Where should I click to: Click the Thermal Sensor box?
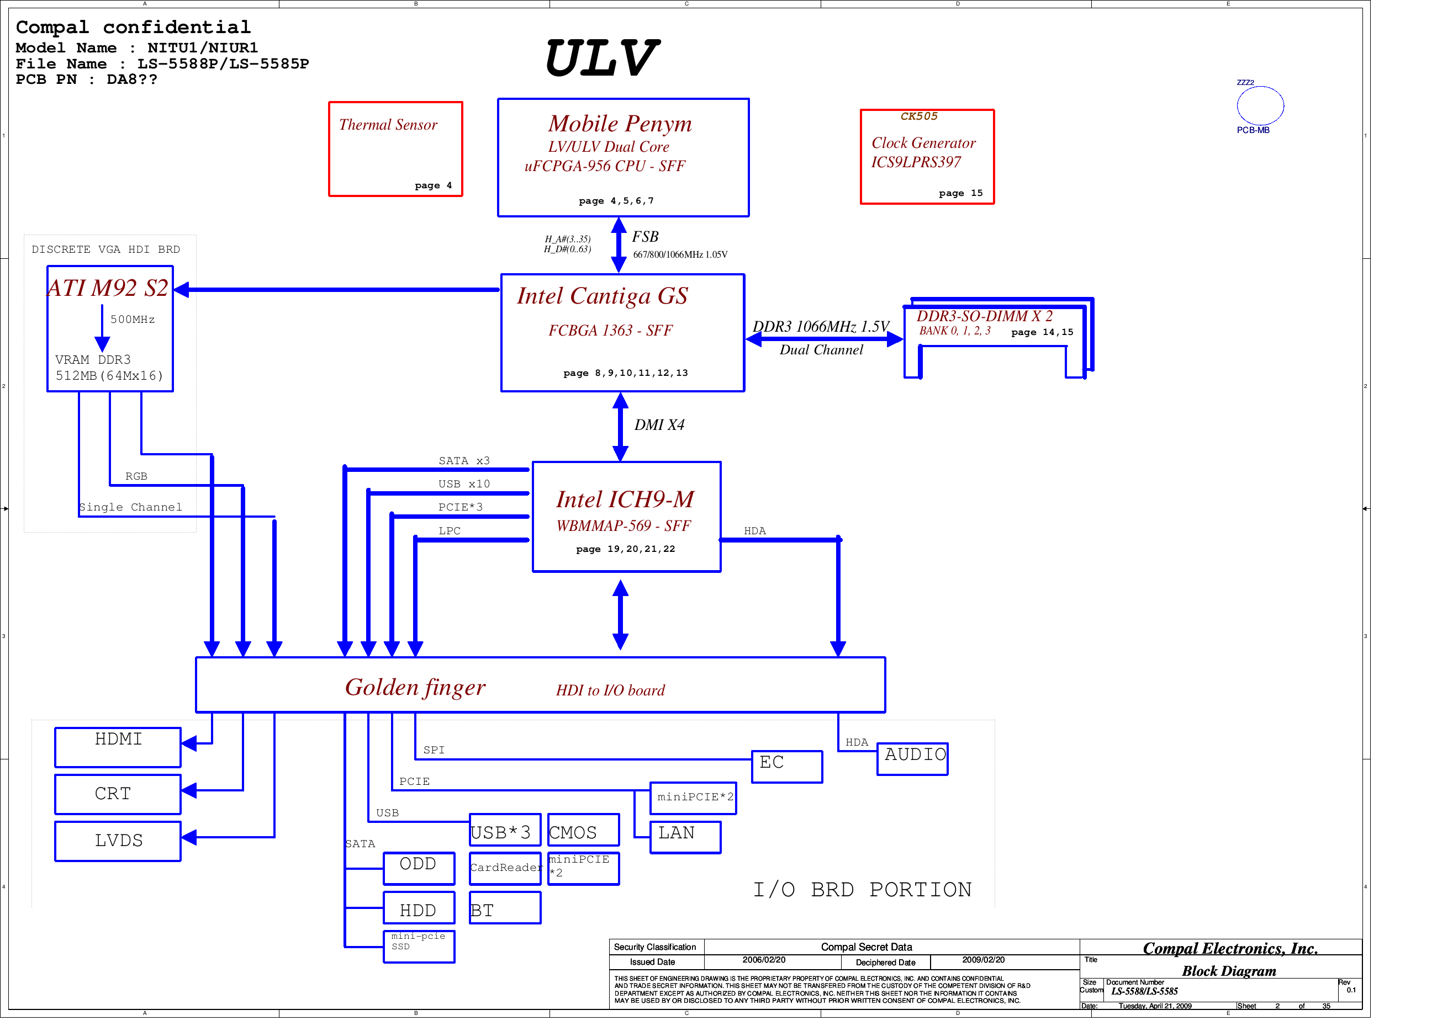click(x=395, y=149)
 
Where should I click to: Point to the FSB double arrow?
click(x=619, y=245)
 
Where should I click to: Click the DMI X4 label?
click(x=659, y=425)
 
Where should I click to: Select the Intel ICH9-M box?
click(x=626, y=517)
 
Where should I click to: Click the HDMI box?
click(x=118, y=747)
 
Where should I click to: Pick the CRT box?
click(x=118, y=795)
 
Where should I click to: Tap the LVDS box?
click(x=118, y=841)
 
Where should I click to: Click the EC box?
click(x=786, y=767)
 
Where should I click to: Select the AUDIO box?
click(x=912, y=758)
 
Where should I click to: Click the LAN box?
click(x=685, y=837)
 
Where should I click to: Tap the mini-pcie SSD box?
click(x=419, y=947)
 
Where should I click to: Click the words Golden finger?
click(x=415, y=688)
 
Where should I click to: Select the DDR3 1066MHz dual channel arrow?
click(x=824, y=339)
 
